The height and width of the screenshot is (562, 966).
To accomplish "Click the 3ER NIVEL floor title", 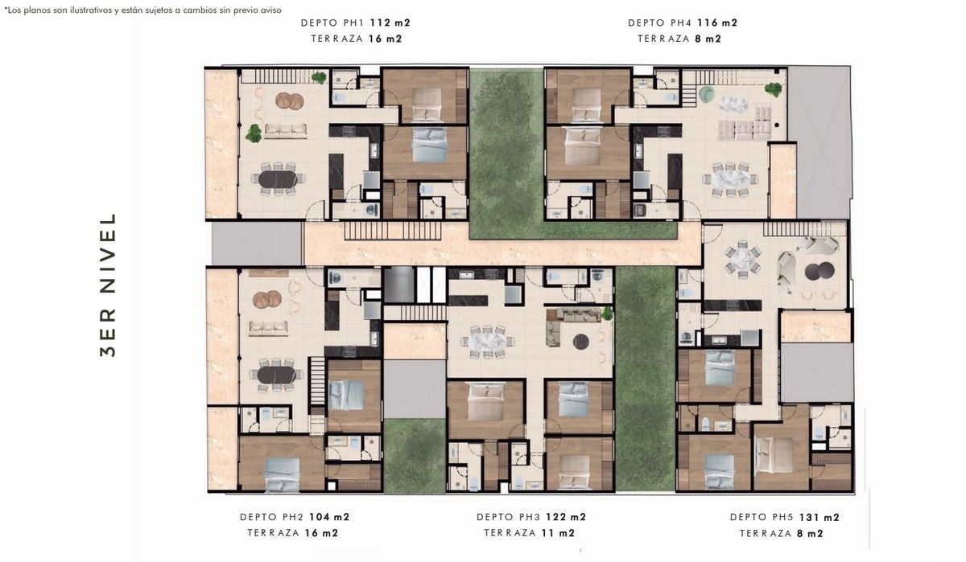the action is tap(108, 285).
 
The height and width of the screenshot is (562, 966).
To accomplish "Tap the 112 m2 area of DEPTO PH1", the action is tap(390, 23).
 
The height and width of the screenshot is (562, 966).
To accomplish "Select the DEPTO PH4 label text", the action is tap(659, 23).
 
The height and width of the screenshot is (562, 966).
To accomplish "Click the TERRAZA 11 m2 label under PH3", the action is tap(530, 533).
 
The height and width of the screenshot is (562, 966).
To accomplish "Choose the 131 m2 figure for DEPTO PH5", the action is tap(819, 517).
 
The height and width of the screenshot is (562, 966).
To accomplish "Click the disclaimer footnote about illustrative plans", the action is tap(142, 10).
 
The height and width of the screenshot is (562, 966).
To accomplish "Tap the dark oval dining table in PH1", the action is tap(278, 179).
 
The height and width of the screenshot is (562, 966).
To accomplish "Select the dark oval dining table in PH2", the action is tap(276, 375).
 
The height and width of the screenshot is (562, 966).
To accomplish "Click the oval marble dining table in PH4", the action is tap(729, 178).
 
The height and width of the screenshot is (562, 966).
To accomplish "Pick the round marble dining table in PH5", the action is tap(742, 259).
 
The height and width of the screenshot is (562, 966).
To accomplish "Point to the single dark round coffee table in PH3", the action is tap(581, 342).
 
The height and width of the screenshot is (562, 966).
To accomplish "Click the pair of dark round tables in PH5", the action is tap(819, 271).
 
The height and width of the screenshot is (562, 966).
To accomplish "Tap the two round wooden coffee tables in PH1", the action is tap(290, 101).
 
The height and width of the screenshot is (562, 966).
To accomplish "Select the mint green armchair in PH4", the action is tap(707, 95).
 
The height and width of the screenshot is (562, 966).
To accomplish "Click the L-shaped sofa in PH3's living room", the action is tap(569, 321).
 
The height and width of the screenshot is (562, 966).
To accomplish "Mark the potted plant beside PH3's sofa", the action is tap(607, 313).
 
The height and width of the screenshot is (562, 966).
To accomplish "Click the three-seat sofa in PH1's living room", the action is tap(286, 130).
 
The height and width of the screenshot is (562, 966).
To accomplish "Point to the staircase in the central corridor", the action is tap(393, 231).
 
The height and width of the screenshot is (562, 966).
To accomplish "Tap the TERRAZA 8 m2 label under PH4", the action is tap(679, 39).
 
